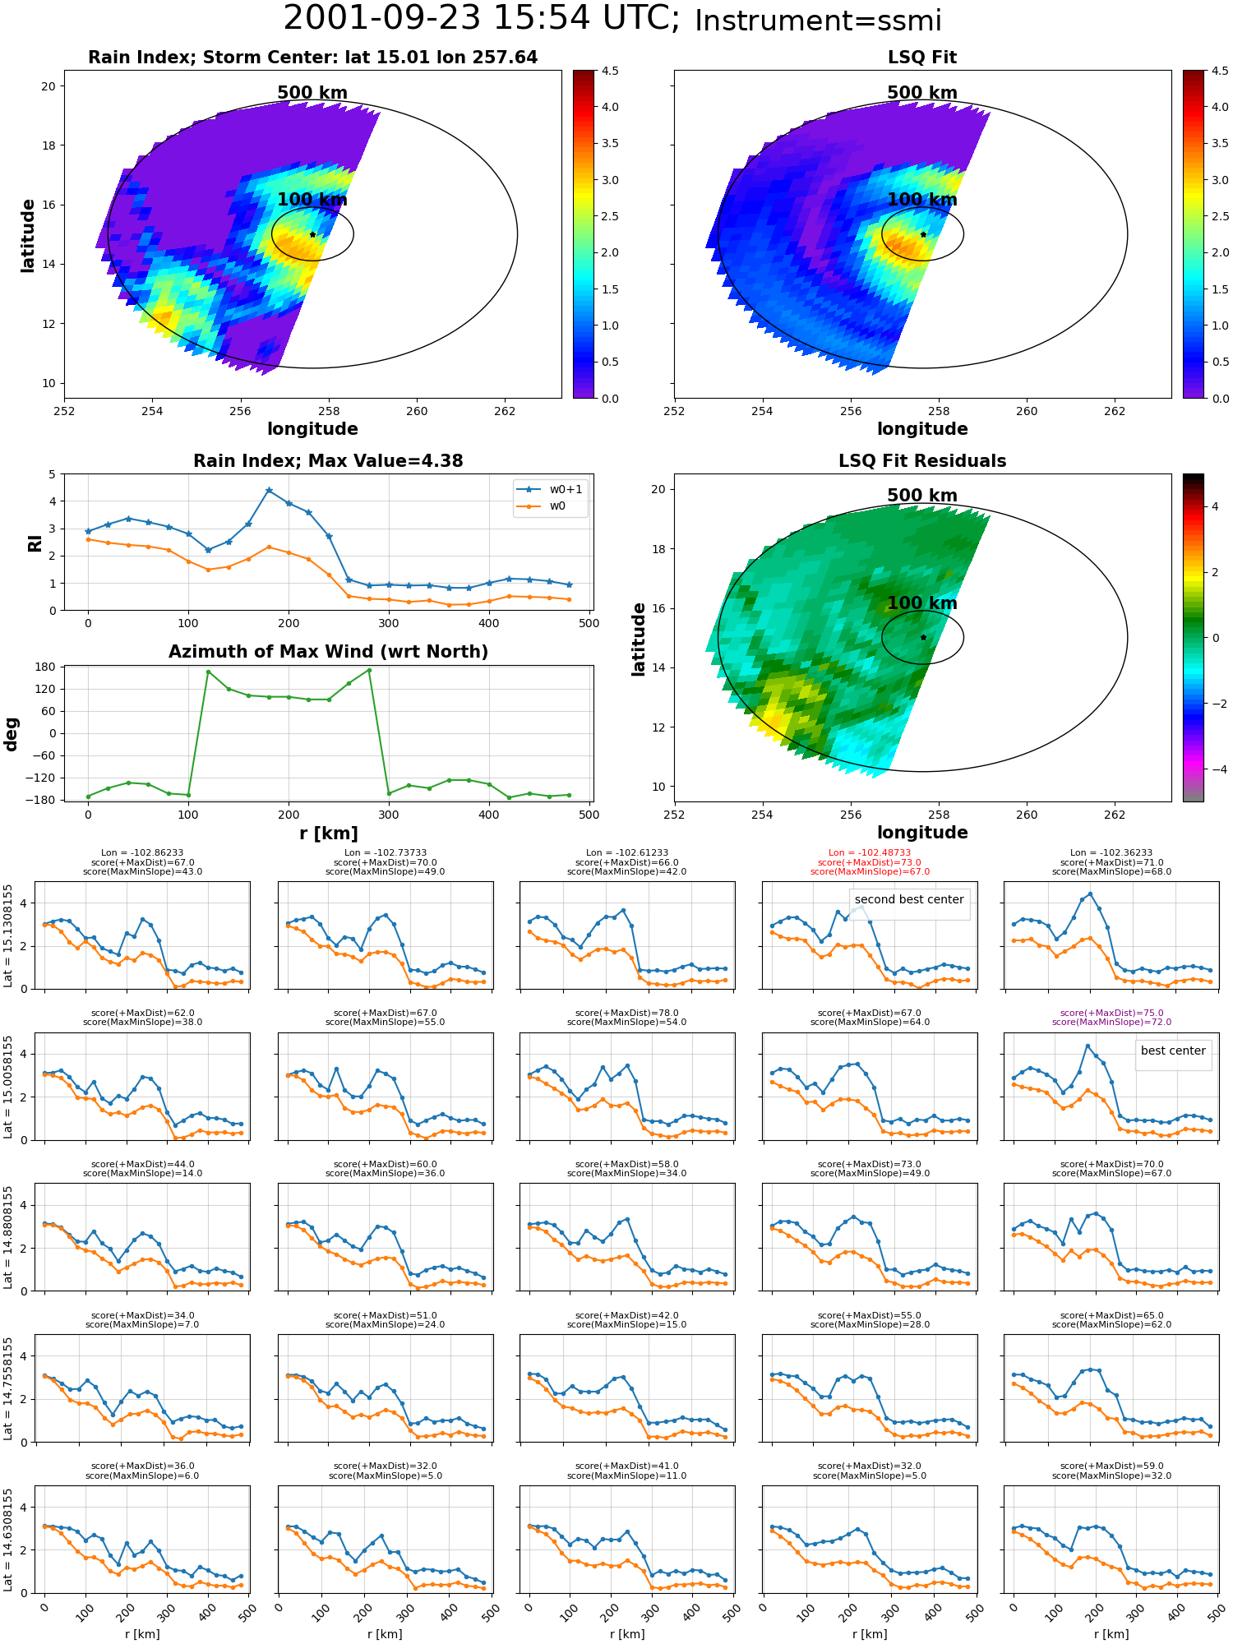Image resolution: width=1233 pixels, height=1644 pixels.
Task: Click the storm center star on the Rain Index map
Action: tap(312, 234)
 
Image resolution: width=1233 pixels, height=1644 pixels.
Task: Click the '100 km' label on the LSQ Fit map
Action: tap(922, 200)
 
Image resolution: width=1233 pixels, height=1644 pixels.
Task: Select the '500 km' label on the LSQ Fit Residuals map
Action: tap(922, 496)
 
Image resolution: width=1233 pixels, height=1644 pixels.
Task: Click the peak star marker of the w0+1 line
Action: tap(269, 490)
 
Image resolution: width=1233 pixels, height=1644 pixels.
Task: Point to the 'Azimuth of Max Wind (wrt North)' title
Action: tap(329, 652)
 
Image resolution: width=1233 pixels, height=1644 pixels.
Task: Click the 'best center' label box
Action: tap(1173, 1051)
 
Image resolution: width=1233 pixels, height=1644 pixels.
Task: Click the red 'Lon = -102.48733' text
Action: tap(870, 853)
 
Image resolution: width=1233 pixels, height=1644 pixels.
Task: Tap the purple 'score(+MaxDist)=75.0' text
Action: tap(1111, 1014)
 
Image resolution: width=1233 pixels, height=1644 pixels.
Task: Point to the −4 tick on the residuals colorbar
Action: tap(1214, 769)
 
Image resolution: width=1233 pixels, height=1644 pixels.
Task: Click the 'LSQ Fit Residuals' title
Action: tap(922, 461)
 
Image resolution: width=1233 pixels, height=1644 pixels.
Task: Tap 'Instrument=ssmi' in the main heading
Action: tap(818, 21)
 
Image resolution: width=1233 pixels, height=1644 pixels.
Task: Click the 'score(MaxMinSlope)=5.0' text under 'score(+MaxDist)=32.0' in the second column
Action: tap(386, 1475)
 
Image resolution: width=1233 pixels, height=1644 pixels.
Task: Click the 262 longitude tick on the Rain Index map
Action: tap(505, 412)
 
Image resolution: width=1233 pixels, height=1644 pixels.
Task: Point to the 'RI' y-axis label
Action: tap(35, 543)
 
